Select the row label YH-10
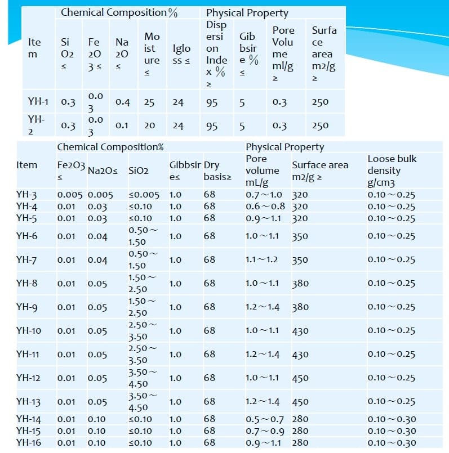click(x=29, y=330)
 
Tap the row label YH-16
click(x=29, y=442)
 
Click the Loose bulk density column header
click(x=392, y=171)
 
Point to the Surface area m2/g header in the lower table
click(x=320, y=171)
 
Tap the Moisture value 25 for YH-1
click(x=149, y=102)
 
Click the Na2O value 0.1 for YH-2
click(x=121, y=125)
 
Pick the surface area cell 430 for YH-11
click(x=300, y=355)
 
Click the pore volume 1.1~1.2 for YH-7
click(x=262, y=259)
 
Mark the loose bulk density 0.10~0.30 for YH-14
click(x=392, y=419)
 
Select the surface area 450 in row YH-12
click(x=300, y=378)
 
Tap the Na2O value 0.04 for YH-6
click(x=97, y=236)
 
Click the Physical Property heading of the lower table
click(x=284, y=147)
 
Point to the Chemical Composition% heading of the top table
click(x=119, y=12)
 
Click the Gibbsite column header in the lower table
click(x=185, y=171)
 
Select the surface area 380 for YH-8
click(x=300, y=283)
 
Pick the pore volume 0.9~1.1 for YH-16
click(x=264, y=442)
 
